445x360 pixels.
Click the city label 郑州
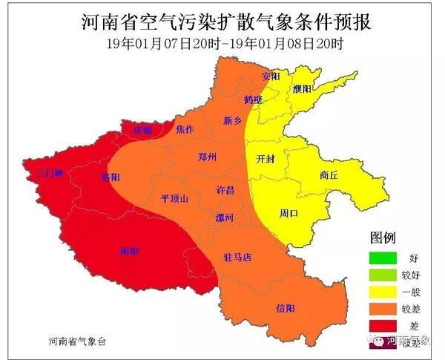click(x=208, y=157)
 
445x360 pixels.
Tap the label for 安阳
click(x=271, y=76)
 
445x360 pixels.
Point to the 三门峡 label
click(x=50, y=173)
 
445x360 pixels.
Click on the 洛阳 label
click(x=110, y=177)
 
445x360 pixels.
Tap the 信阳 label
click(x=285, y=307)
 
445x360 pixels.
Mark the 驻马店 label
click(x=238, y=258)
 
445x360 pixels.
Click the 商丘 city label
click(x=329, y=175)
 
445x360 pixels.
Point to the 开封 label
click(x=265, y=159)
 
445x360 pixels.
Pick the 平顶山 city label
click(x=174, y=198)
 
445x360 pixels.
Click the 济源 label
click(x=142, y=129)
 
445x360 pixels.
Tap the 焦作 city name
click(x=185, y=129)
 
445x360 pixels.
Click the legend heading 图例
click(x=383, y=238)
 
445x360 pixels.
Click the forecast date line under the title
click(x=223, y=44)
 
